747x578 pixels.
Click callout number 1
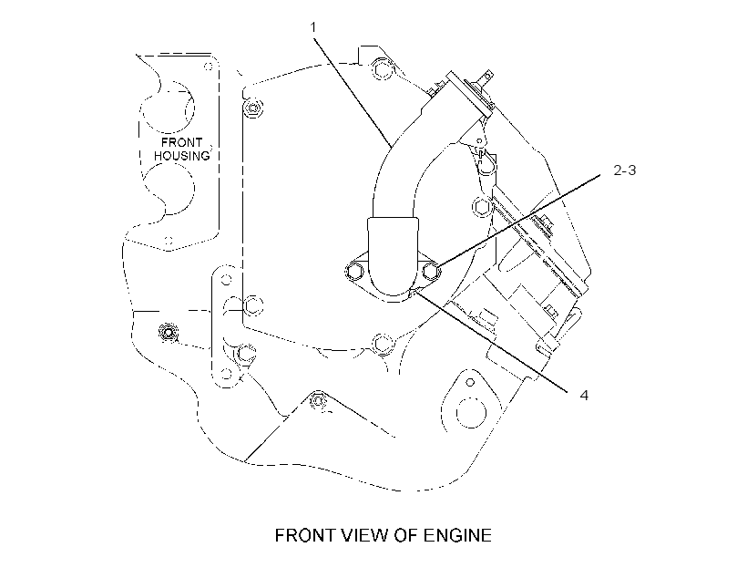tap(313, 27)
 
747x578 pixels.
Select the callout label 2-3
tap(625, 170)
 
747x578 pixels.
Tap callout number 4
tap(584, 395)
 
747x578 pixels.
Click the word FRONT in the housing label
tap(181, 142)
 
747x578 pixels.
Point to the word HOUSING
tap(181, 156)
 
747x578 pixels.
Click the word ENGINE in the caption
tap(457, 535)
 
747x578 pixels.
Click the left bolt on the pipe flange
tap(354, 272)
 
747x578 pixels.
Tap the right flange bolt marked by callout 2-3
tap(431, 271)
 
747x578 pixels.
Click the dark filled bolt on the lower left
tap(168, 332)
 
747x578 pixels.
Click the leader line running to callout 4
tap(490, 342)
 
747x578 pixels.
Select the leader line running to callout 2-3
tap(520, 222)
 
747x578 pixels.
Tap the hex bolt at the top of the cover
tap(381, 69)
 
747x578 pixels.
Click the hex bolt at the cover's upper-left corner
tap(253, 108)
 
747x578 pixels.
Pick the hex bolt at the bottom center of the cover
tap(382, 343)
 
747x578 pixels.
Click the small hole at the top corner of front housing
tap(209, 67)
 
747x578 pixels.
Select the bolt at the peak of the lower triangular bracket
tap(318, 400)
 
